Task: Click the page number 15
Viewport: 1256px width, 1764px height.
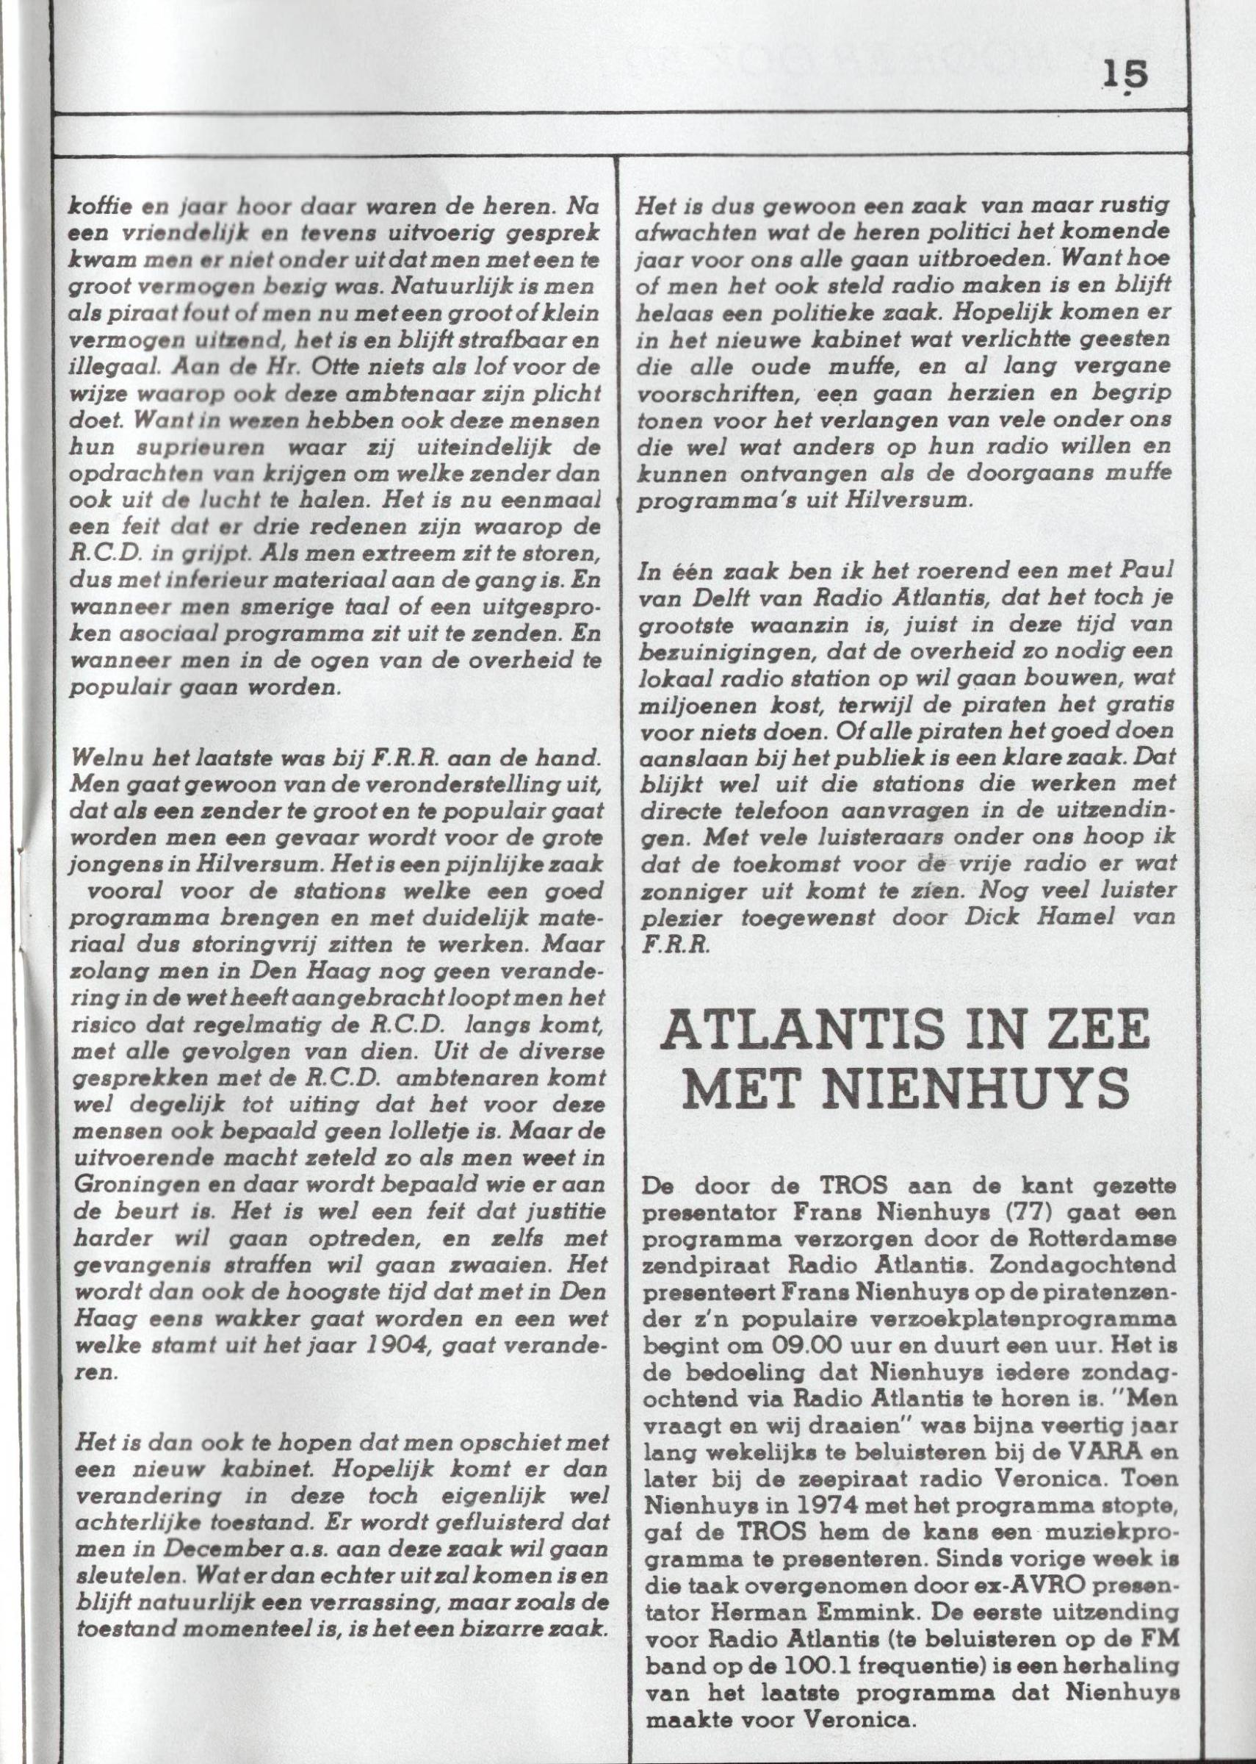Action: pos(1126,75)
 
